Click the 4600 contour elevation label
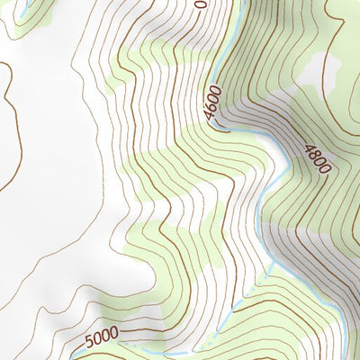coord(211,102)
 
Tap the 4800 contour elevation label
coord(317,158)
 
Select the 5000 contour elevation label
coord(102,338)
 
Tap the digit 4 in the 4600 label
coord(208,114)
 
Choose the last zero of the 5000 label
coord(113,335)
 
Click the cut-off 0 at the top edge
coord(199,4)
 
